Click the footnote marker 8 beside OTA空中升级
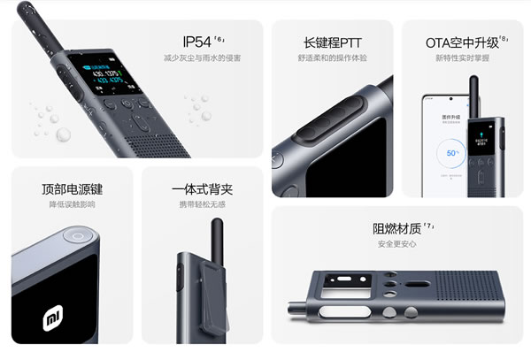click(x=504, y=37)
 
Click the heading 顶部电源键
click(x=73, y=189)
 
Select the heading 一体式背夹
click(x=203, y=189)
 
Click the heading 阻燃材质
click(x=396, y=227)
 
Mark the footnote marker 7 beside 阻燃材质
click(x=428, y=225)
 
